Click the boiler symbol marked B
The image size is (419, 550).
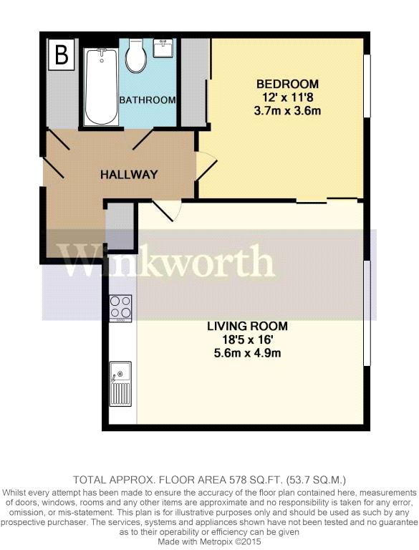click(62, 55)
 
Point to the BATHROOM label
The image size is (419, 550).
click(148, 100)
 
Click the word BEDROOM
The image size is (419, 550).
click(289, 83)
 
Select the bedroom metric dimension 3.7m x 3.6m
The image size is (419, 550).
click(289, 110)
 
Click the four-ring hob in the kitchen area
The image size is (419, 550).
click(120, 308)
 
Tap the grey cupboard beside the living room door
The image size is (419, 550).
click(120, 225)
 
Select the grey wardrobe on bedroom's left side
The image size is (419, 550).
click(192, 81)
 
